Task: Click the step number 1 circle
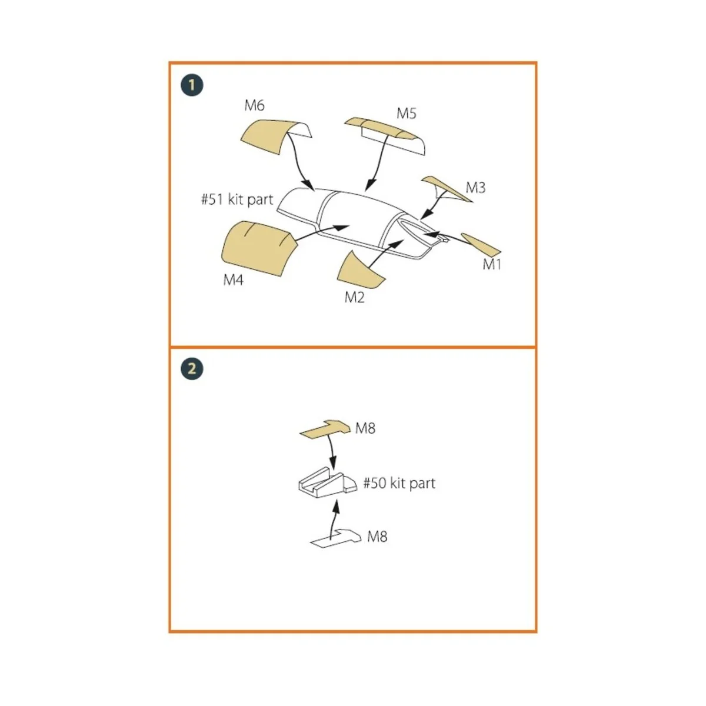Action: coord(192,85)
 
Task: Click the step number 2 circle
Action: coord(192,369)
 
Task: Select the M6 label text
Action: coord(254,105)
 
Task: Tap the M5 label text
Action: coord(407,113)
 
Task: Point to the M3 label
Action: coord(475,188)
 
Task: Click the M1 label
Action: coord(492,265)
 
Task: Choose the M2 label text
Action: coord(354,298)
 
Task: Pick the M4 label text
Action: coord(233,280)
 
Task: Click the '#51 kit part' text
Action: coord(237,199)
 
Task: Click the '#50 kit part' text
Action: coord(399,484)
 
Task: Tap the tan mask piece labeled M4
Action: coord(257,247)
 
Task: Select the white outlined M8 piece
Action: coord(335,539)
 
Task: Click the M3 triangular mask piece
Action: coord(447,188)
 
